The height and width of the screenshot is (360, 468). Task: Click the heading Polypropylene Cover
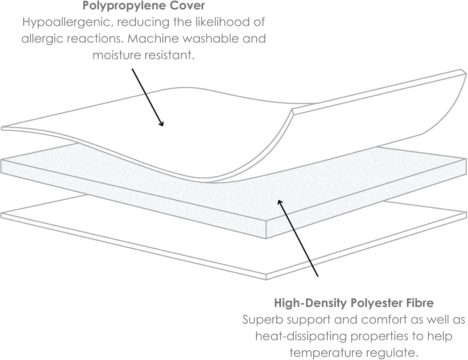tap(144, 6)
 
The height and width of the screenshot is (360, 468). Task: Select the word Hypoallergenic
tap(68, 22)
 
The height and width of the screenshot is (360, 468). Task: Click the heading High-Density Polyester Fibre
tap(354, 304)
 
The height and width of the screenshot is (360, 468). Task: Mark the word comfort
tap(384, 320)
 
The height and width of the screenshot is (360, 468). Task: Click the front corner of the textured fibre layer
tap(266, 239)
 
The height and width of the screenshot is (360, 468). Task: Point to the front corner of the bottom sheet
tap(266, 280)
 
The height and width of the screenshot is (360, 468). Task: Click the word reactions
tap(95, 39)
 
